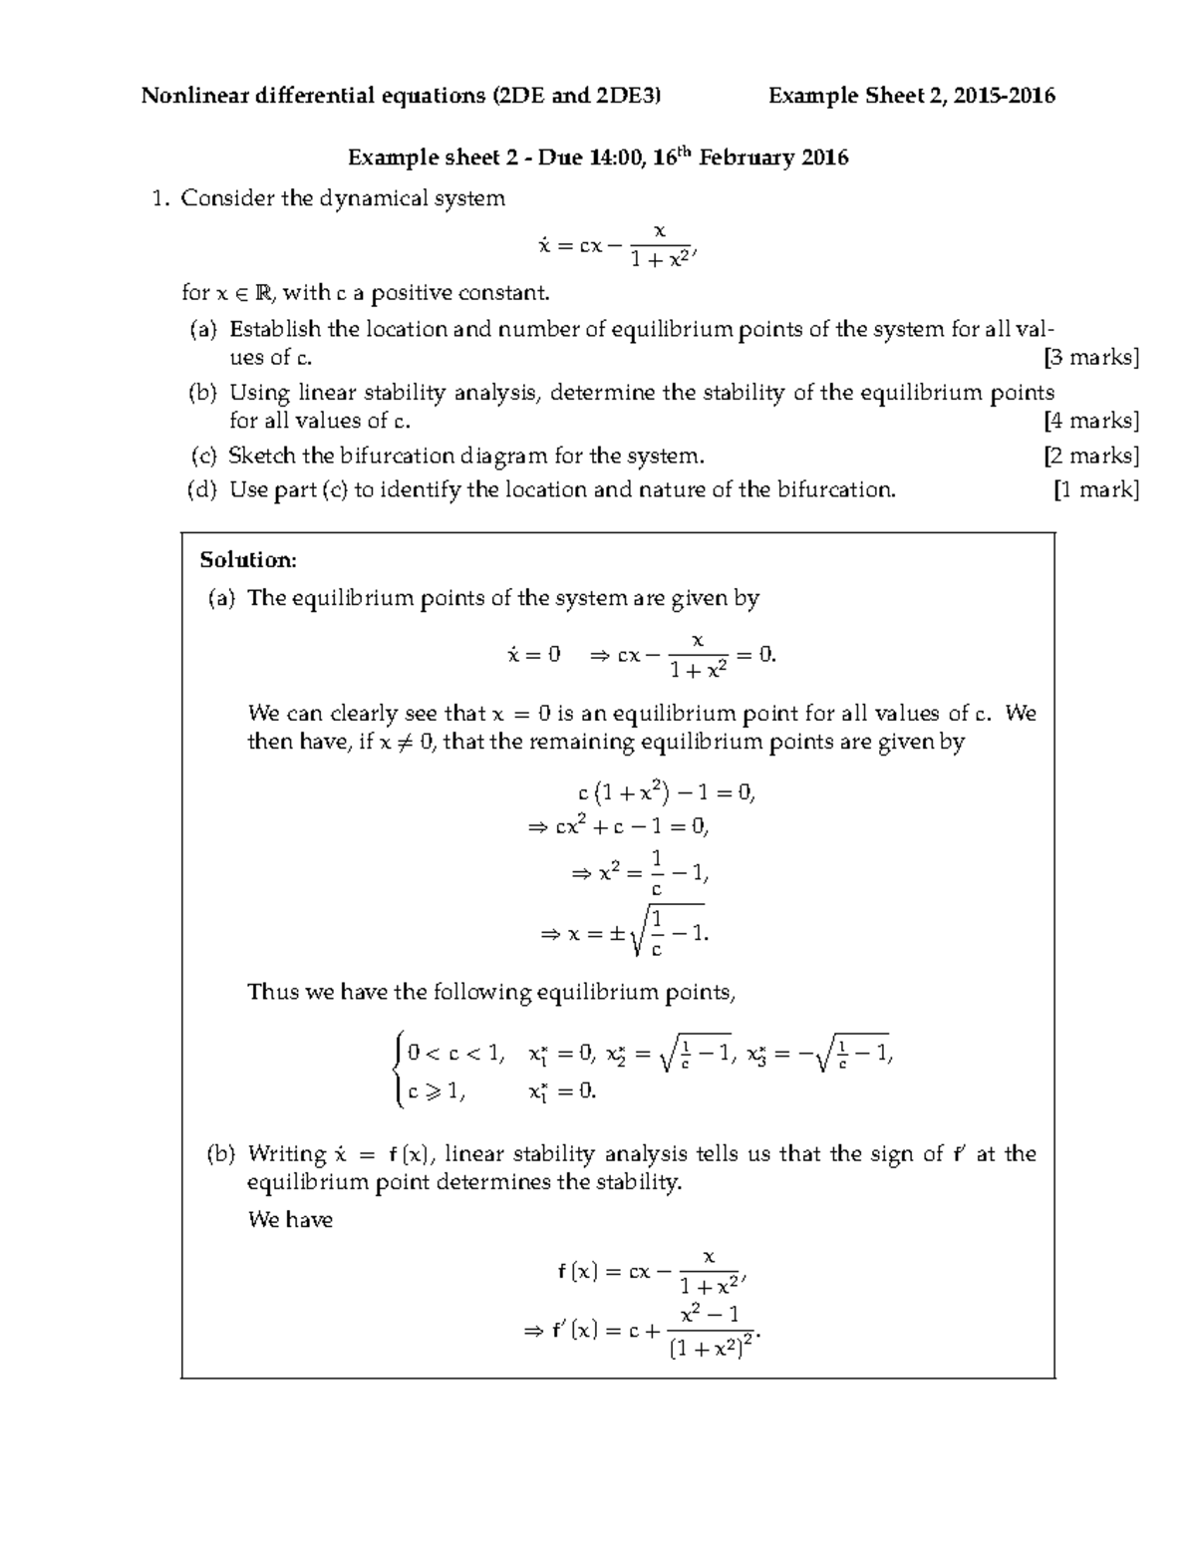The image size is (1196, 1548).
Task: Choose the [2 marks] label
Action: click(x=1091, y=456)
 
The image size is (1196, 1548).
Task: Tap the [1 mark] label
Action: click(x=1096, y=489)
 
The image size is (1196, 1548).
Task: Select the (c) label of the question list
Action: click(x=203, y=456)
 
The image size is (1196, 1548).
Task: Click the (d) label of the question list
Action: click(x=203, y=489)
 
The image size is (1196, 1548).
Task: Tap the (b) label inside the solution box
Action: click(x=220, y=1154)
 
